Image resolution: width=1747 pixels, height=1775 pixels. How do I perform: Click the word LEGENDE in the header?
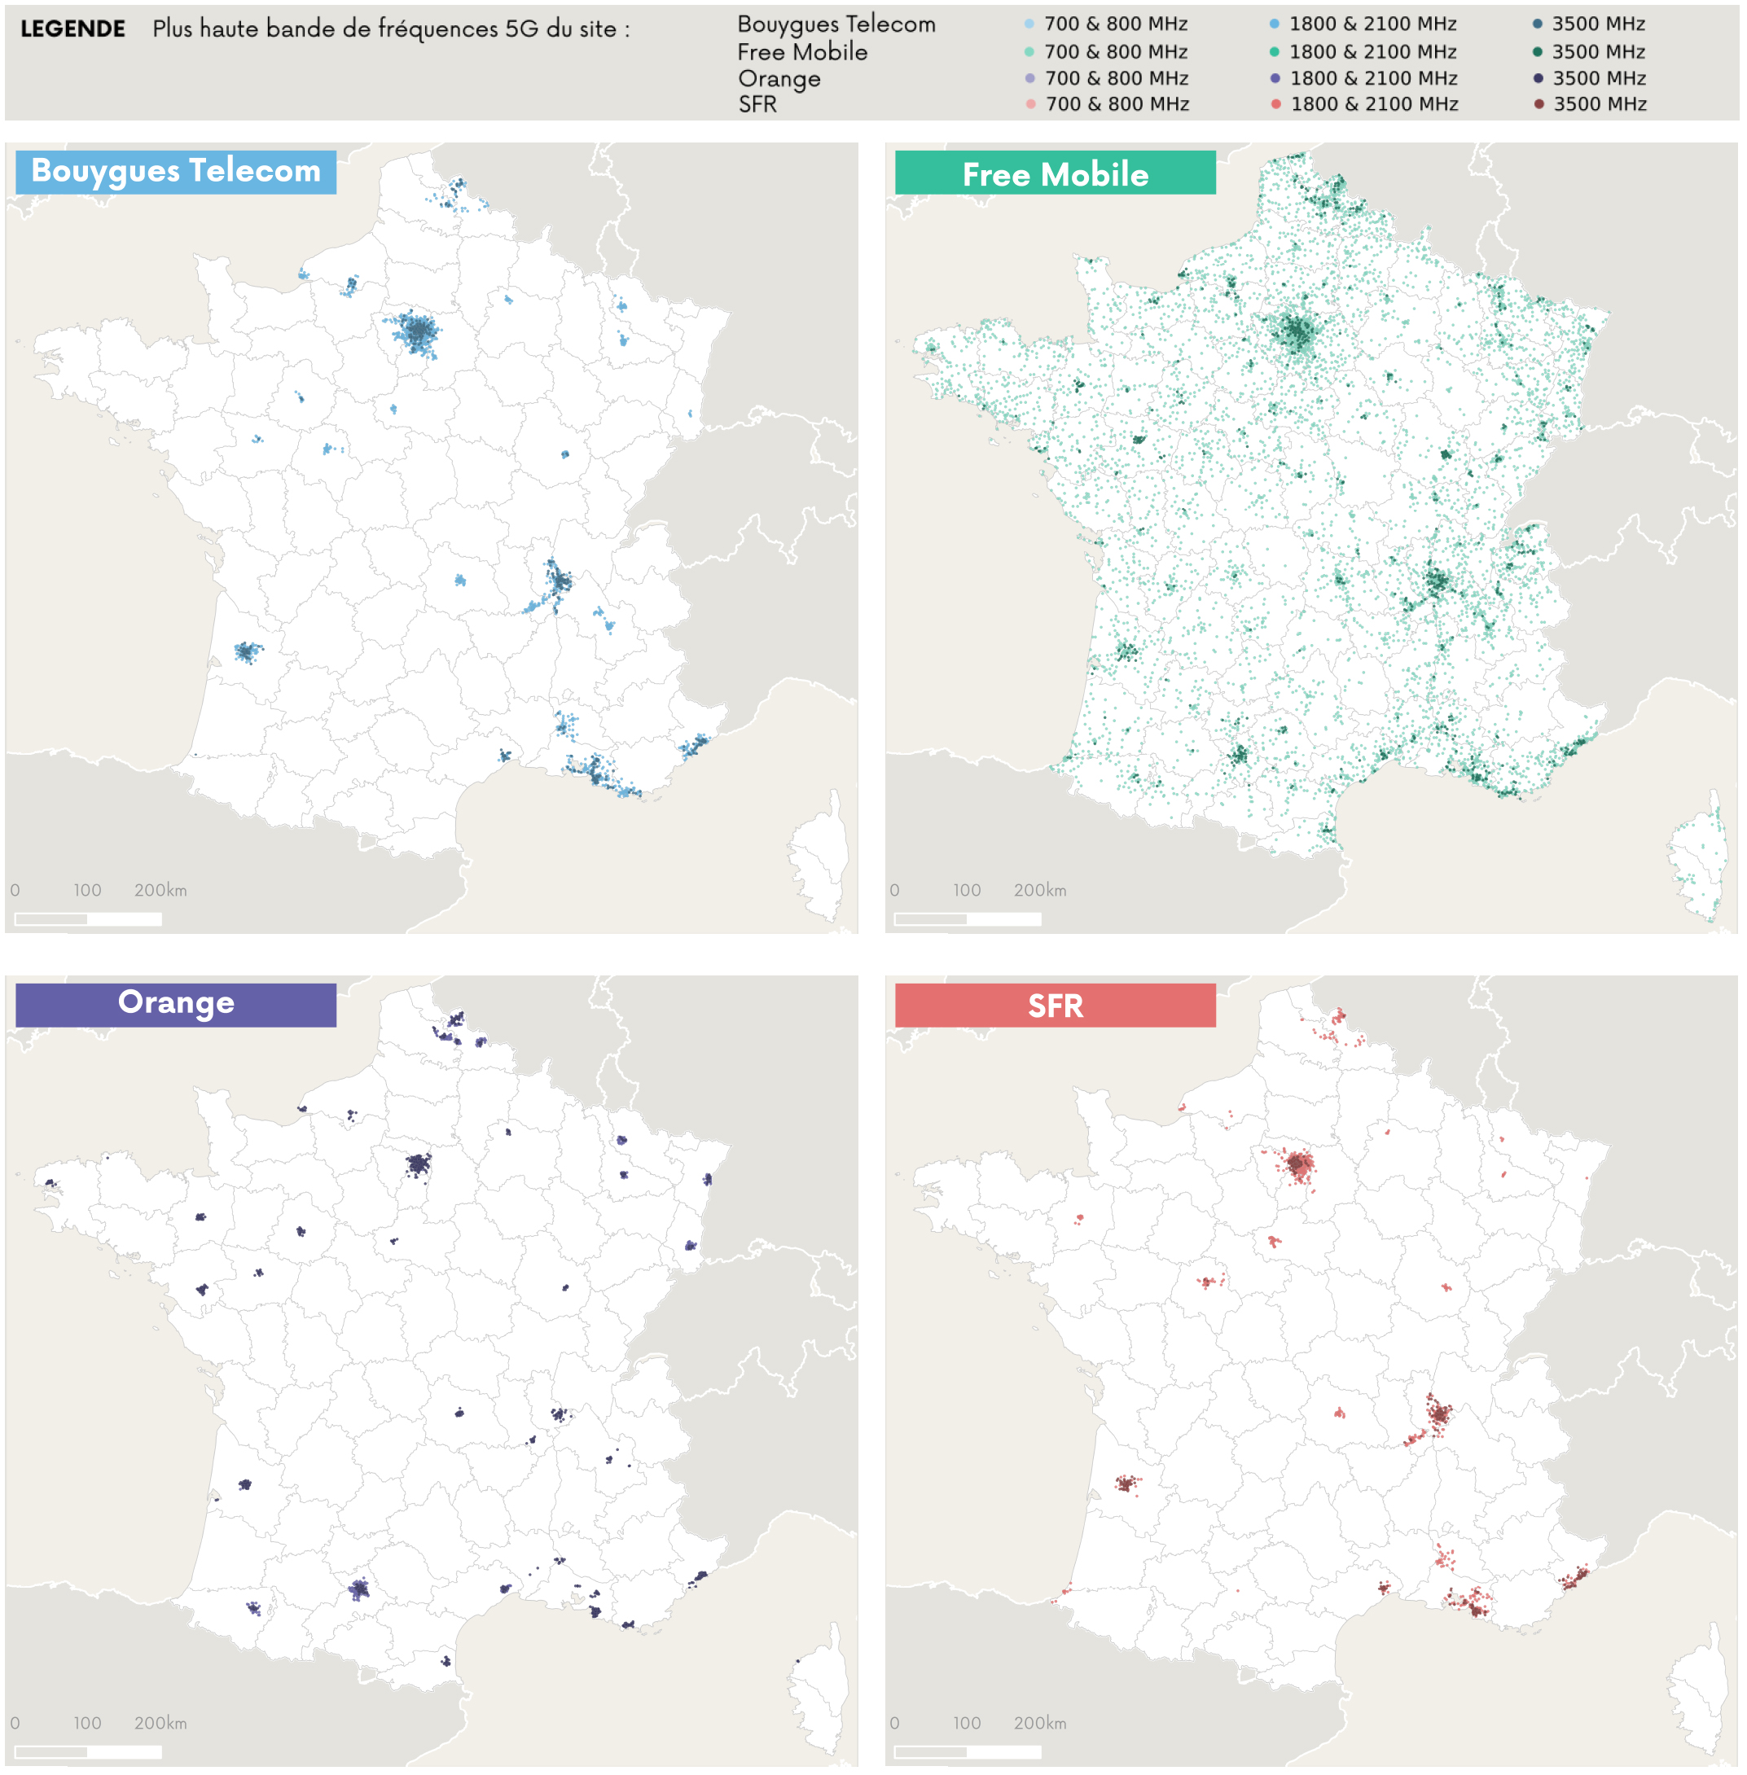(x=72, y=28)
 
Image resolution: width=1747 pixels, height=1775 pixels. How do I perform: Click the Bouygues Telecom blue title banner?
(x=175, y=172)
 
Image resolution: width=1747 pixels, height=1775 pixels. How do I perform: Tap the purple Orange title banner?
(x=175, y=1004)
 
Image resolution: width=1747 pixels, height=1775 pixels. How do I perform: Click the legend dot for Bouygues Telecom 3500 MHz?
(x=1537, y=24)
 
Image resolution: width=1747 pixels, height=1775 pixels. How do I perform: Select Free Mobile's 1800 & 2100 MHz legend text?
(x=1372, y=52)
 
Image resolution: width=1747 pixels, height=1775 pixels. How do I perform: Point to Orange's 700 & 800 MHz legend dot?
(x=1029, y=79)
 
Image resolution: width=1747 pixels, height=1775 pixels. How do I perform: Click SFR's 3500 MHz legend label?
(x=1600, y=104)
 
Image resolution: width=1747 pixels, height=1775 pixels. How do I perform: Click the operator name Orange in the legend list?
(x=779, y=79)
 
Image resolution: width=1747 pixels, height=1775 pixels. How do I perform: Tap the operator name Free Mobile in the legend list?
(x=802, y=52)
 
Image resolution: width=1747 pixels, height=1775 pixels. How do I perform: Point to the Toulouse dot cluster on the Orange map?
(x=358, y=1589)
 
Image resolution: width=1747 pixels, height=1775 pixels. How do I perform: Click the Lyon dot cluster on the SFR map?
(x=1438, y=1413)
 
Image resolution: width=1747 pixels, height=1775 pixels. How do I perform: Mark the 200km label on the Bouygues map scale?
(x=160, y=890)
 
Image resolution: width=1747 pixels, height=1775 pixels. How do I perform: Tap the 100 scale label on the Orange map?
(x=87, y=1723)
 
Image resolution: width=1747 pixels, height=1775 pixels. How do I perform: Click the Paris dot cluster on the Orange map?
(x=418, y=1164)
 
